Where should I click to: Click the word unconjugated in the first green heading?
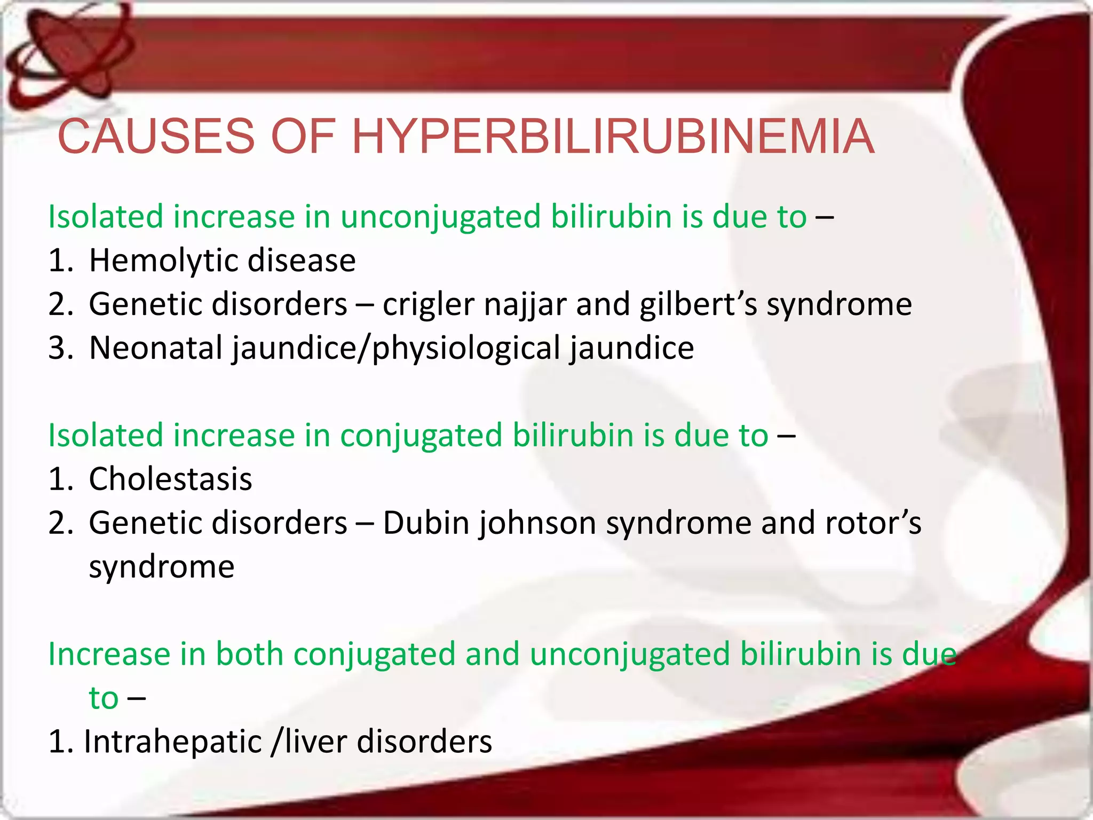(x=440, y=217)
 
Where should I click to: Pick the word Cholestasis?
(x=170, y=479)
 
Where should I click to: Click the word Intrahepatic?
(x=172, y=742)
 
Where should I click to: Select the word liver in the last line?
(x=315, y=742)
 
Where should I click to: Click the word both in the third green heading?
(x=249, y=654)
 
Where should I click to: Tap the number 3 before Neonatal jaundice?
(x=57, y=348)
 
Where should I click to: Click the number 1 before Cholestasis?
(x=57, y=479)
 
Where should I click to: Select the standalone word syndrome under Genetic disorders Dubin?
(x=161, y=567)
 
